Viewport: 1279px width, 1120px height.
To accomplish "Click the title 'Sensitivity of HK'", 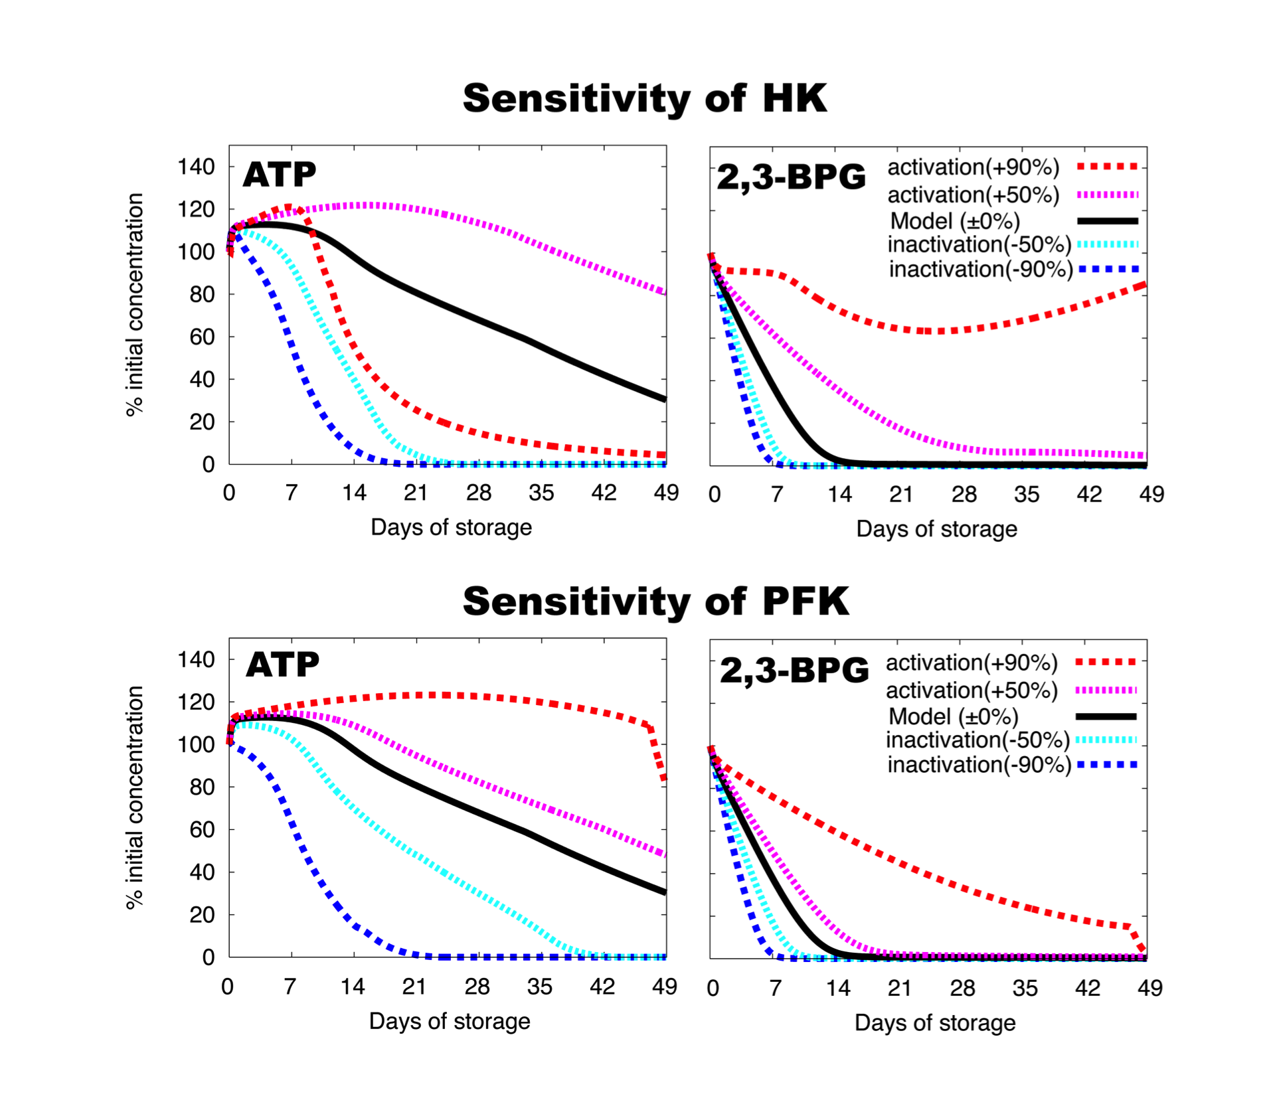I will coord(644,99).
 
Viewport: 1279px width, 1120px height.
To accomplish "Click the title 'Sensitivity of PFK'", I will coord(655,601).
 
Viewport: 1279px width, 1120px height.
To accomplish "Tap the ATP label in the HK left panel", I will coord(280,175).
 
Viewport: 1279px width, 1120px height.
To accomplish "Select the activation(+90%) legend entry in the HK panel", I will coord(973,167).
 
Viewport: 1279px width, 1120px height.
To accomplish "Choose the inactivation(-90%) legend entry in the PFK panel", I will coord(979,765).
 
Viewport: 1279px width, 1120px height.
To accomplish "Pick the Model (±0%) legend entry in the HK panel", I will coord(954,221).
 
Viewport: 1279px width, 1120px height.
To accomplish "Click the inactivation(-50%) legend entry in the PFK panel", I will coord(978,740).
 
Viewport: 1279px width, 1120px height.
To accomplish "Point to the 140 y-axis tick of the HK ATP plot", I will coord(197,167).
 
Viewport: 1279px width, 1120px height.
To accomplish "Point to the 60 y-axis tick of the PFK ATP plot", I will coord(203,829).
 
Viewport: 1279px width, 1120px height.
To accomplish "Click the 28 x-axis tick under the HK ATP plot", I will coord(478,493).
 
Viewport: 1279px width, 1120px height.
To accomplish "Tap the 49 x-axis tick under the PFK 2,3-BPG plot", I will coord(1150,988).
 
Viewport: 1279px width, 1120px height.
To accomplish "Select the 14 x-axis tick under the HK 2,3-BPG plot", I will coord(839,494).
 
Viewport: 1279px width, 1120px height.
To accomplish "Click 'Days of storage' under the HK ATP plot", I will coord(451,527).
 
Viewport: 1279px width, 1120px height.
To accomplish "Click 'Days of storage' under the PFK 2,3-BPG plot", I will coord(935,1022).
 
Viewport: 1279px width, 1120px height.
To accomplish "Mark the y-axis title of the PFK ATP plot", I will coord(135,797).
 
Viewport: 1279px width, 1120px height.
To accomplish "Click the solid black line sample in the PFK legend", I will coord(1106,716).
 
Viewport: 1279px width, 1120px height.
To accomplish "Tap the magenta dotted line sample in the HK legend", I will coord(1108,195).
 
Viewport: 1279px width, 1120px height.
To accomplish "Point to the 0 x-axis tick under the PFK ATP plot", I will coord(228,987).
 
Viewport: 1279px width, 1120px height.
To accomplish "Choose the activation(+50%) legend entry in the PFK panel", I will coord(972,690).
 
